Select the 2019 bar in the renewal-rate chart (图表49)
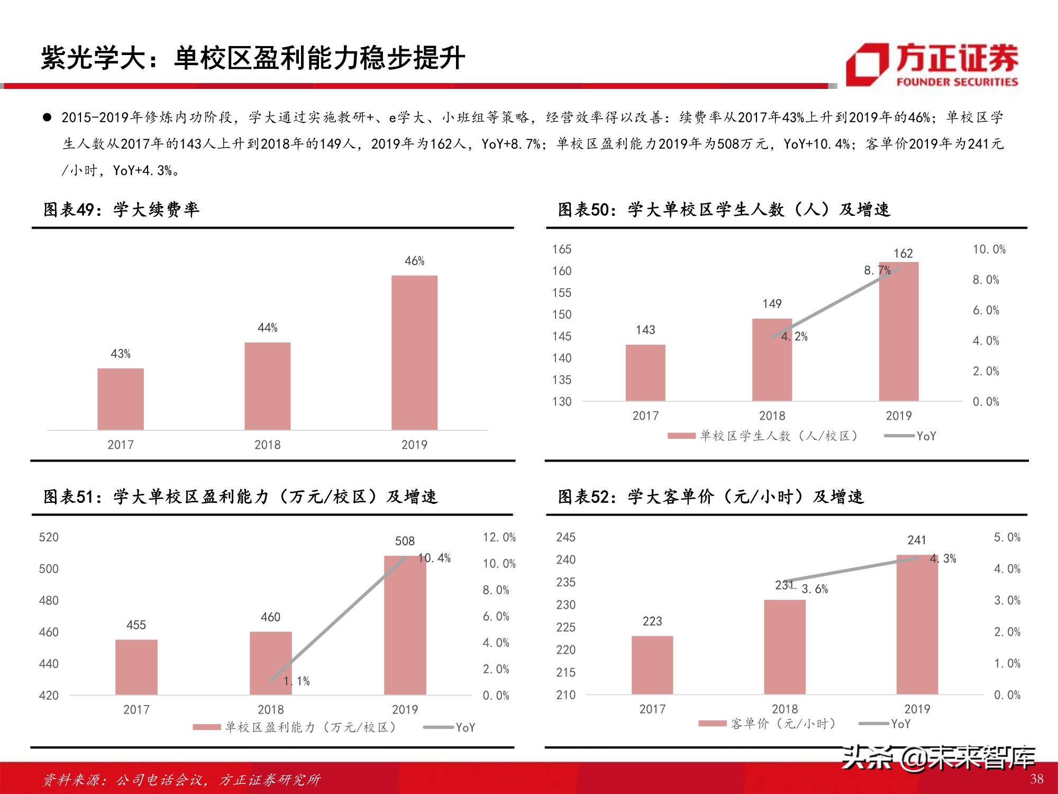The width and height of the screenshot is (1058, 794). [414, 353]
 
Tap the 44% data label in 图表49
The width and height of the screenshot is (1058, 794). [267, 328]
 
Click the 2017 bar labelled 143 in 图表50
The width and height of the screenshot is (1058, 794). [645, 373]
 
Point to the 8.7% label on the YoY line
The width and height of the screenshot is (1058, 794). [877, 270]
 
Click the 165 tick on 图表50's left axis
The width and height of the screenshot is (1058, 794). [562, 249]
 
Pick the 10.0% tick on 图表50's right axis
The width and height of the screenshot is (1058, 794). [989, 249]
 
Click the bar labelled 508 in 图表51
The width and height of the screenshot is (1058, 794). [405, 625]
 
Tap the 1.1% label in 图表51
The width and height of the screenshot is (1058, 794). [297, 681]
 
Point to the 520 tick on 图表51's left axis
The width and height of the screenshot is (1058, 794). [49, 537]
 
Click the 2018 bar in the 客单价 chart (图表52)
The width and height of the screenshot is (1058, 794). [785, 647]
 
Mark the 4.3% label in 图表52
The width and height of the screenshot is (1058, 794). [943, 558]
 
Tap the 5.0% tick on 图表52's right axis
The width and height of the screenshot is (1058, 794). [1007, 537]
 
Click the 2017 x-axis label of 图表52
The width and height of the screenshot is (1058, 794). [652, 709]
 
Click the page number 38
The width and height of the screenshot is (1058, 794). [1036, 779]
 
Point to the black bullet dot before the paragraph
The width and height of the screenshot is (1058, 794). [48, 118]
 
